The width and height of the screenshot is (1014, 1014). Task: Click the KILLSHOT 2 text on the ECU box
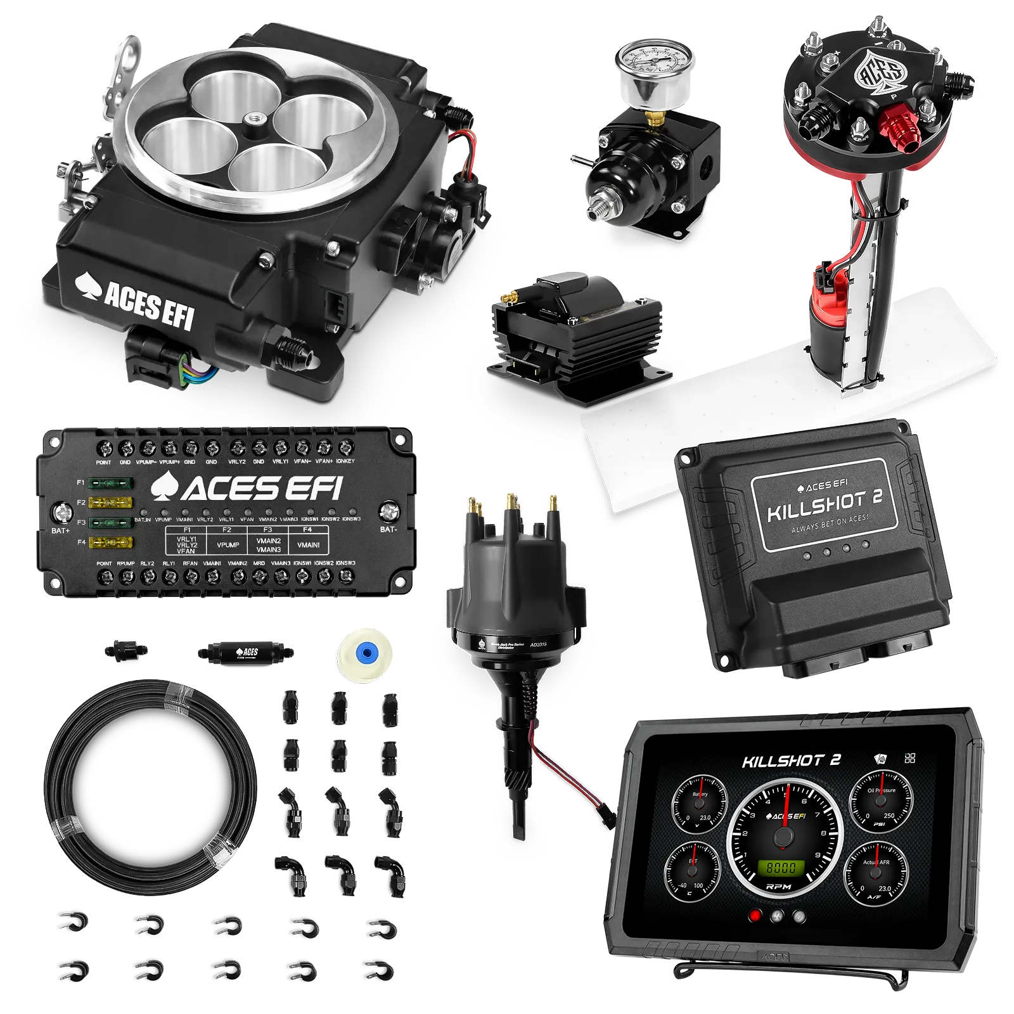pyautogui.click(x=825, y=503)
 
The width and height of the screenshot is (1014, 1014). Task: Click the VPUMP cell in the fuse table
pyautogui.click(x=228, y=544)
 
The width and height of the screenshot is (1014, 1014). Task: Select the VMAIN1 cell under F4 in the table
pyautogui.click(x=308, y=544)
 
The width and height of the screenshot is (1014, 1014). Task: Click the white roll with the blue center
pyautogui.click(x=362, y=655)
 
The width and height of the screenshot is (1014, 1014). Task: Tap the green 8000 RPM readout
pyautogui.click(x=782, y=867)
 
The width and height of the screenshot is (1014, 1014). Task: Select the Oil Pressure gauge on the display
pyautogui.click(x=881, y=800)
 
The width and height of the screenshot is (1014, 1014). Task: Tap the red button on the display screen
pyautogui.click(x=755, y=916)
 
